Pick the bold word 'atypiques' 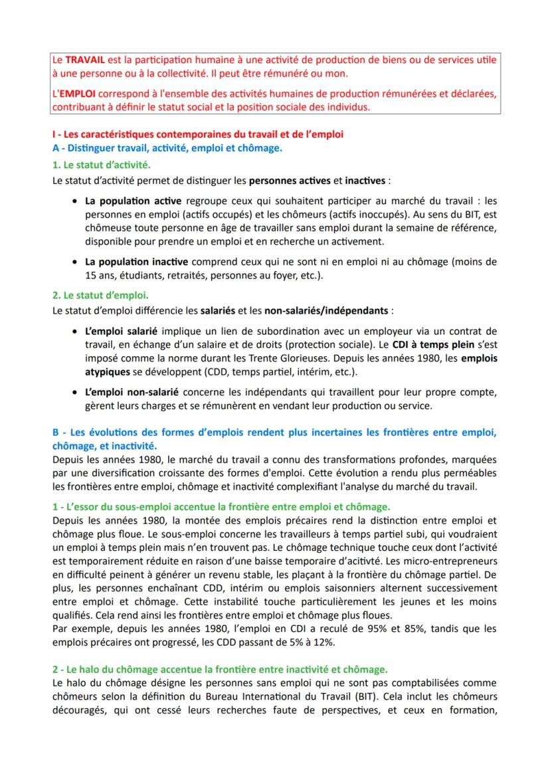tap(106, 371)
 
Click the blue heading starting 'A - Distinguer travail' tap(167, 148)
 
